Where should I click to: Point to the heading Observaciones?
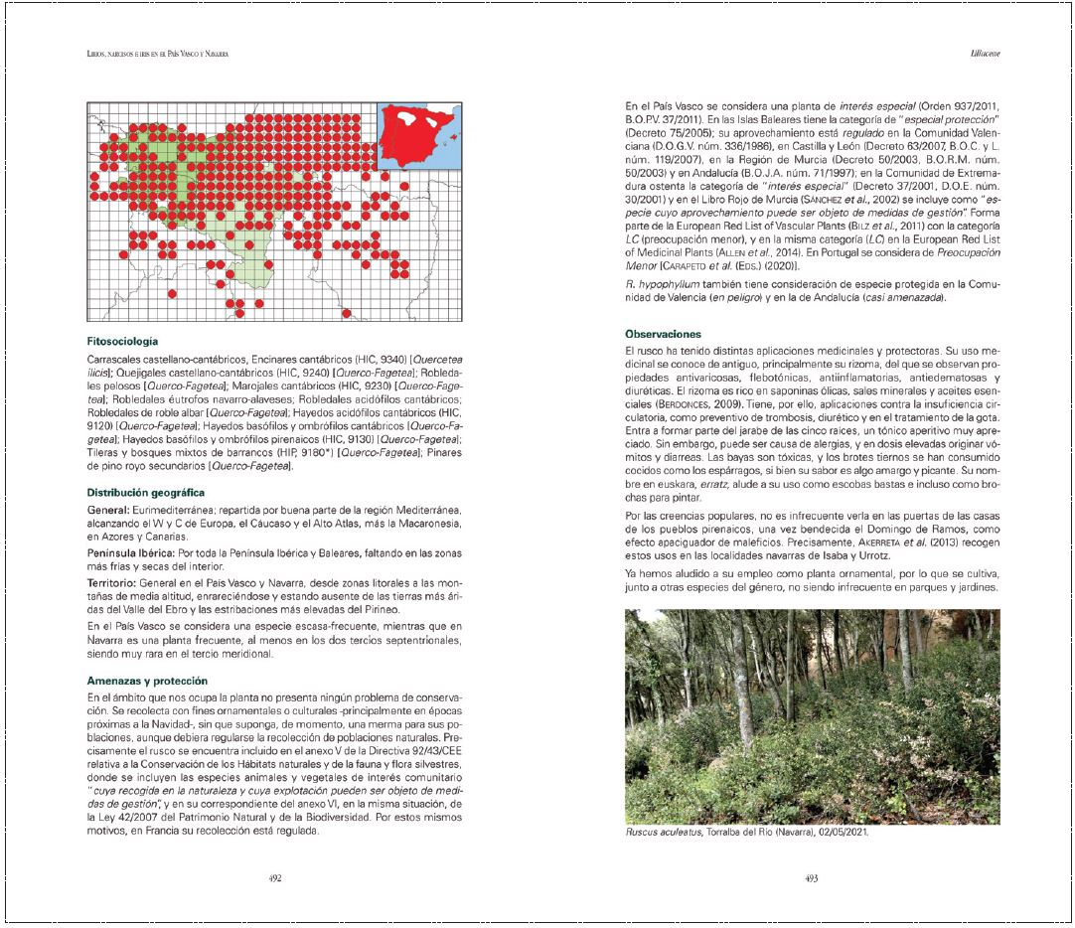tap(664, 333)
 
